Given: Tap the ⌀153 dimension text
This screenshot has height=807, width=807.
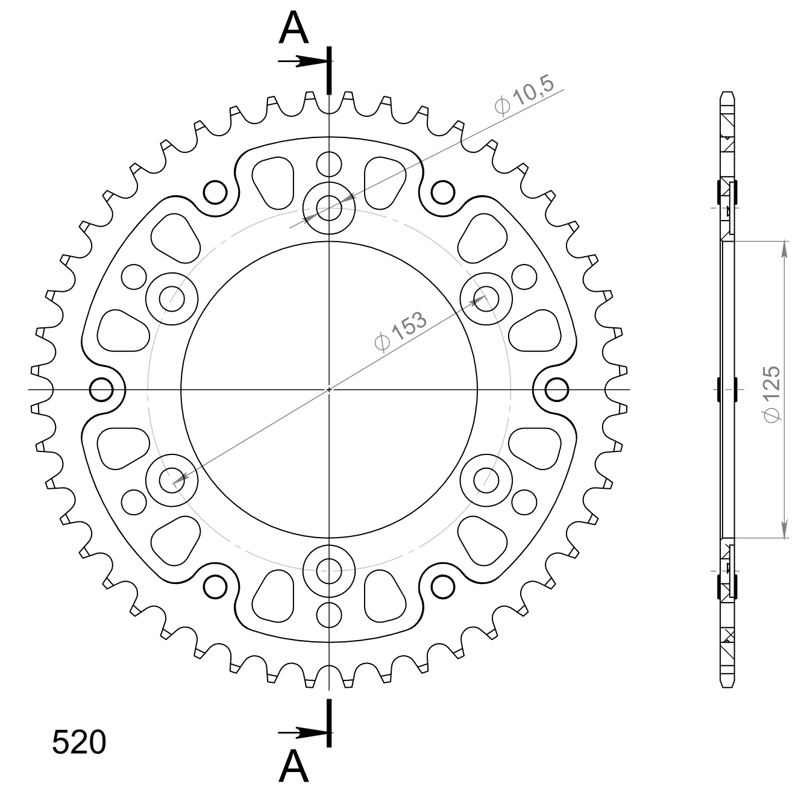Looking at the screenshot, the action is pyautogui.click(x=401, y=331).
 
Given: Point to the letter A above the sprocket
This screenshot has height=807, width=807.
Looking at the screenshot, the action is pyautogui.click(x=294, y=30).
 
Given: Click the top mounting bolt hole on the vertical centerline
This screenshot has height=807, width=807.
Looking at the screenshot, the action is pyautogui.click(x=329, y=208).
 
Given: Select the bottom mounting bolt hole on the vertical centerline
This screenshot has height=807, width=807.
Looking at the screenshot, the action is pyautogui.click(x=329, y=571).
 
